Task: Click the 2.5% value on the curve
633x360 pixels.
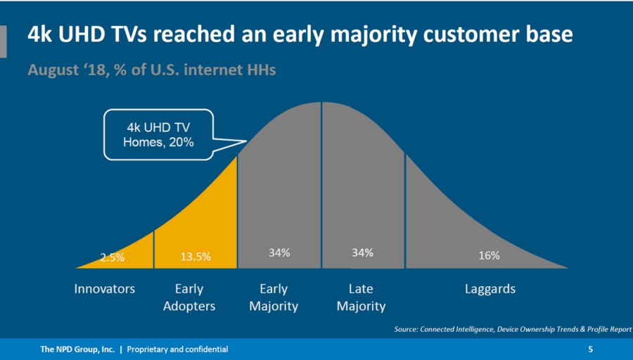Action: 113,257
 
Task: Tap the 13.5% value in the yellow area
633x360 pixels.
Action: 196,257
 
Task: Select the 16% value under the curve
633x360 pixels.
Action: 490,255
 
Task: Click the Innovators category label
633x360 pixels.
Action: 105,289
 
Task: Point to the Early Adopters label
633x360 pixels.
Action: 188,297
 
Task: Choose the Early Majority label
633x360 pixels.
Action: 274,297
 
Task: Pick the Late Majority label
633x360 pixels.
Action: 361,297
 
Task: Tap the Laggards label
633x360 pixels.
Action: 490,289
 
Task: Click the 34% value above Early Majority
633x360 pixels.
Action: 279,252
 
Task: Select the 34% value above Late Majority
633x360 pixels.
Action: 362,252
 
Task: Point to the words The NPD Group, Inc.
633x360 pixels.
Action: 77,349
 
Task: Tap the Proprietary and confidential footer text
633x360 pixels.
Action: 177,349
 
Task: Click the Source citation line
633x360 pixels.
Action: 513,329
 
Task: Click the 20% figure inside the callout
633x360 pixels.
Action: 181,142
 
